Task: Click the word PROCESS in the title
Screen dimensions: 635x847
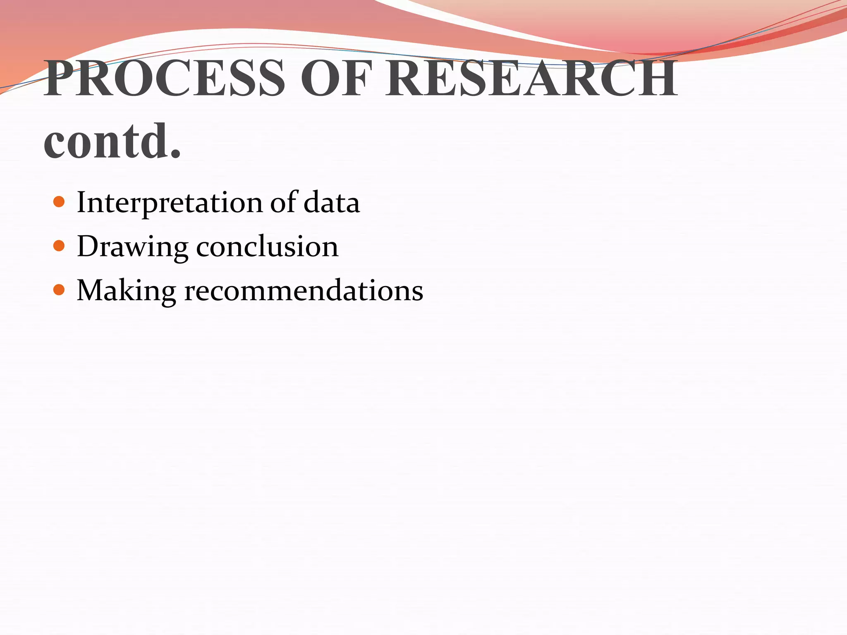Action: pos(165,78)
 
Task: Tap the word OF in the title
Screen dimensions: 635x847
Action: pos(334,78)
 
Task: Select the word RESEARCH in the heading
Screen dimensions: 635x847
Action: pos(531,78)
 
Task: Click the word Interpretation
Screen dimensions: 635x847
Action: pos(170,203)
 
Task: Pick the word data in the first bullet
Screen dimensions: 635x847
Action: pos(331,203)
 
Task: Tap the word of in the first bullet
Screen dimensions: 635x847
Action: pos(284,202)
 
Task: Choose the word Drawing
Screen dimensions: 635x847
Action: pos(132,247)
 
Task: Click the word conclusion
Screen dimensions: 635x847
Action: pos(267,246)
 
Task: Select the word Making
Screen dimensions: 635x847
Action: pos(126,291)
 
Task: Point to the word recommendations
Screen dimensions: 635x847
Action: pos(304,290)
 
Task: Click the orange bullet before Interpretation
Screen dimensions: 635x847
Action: pos(59,202)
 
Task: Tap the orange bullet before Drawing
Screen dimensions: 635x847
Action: pos(59,246)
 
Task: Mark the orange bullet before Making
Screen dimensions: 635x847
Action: pos(59,290)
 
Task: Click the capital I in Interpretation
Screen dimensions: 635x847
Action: pos(81,202)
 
